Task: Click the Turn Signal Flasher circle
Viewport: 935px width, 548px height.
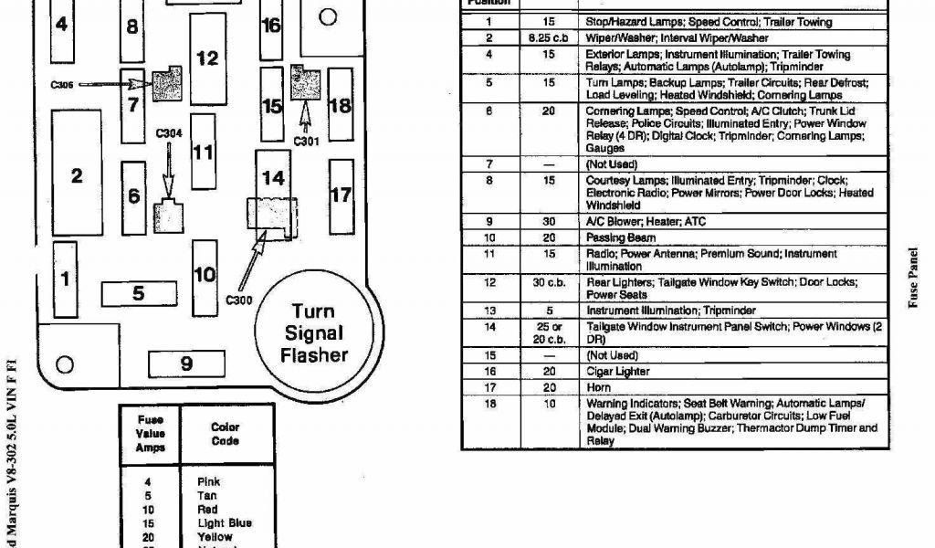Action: (314, 332)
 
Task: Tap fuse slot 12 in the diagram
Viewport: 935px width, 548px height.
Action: (207, 58)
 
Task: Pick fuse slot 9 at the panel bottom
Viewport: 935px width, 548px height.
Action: (185, 364)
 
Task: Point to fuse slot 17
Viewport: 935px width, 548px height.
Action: (341, 195)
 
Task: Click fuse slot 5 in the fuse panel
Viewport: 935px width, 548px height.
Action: (138, 294)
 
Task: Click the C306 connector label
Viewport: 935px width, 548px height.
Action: (63, 84)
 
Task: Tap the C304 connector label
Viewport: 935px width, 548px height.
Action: (169, 133)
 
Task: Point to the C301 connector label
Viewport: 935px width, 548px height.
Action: (306, 141)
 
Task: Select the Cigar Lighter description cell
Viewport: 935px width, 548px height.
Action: (617, 372)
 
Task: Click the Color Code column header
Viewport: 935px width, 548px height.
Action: (226, 434)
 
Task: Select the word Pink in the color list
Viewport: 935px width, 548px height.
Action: (208, 482)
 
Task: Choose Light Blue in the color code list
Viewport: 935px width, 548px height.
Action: (224, 523)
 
